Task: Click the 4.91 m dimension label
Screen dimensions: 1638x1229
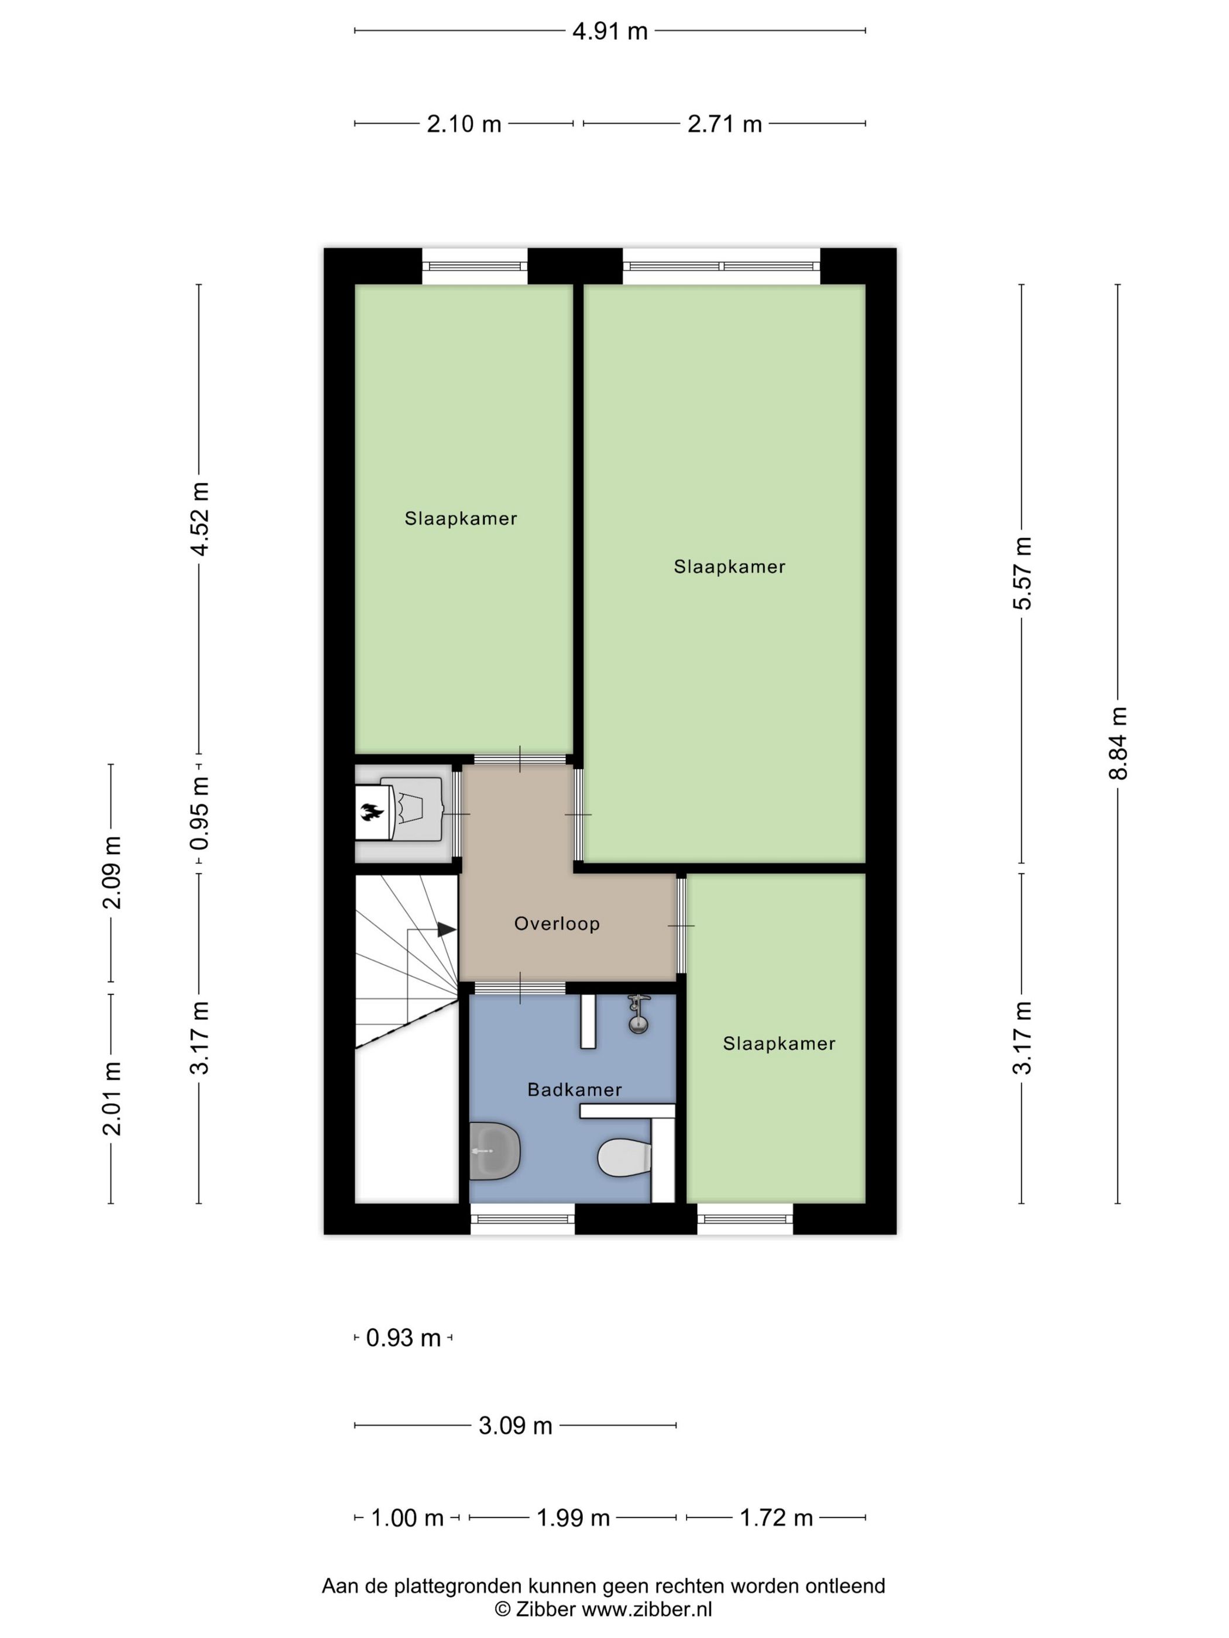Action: click(609, 31)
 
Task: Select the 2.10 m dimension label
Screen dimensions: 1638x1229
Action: click(464, 123)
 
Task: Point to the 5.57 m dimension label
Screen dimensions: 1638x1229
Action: click(1022, 573)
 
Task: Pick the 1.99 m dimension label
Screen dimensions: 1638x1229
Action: click(572, 1517)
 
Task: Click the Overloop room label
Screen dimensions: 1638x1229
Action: click(557, 923)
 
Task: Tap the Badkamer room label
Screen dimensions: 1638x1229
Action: click(574, 1089)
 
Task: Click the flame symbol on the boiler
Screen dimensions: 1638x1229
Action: click(372, 813)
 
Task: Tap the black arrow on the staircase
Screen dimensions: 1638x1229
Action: click(447, 930)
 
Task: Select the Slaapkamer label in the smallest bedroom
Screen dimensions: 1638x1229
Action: click(778, 1044)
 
